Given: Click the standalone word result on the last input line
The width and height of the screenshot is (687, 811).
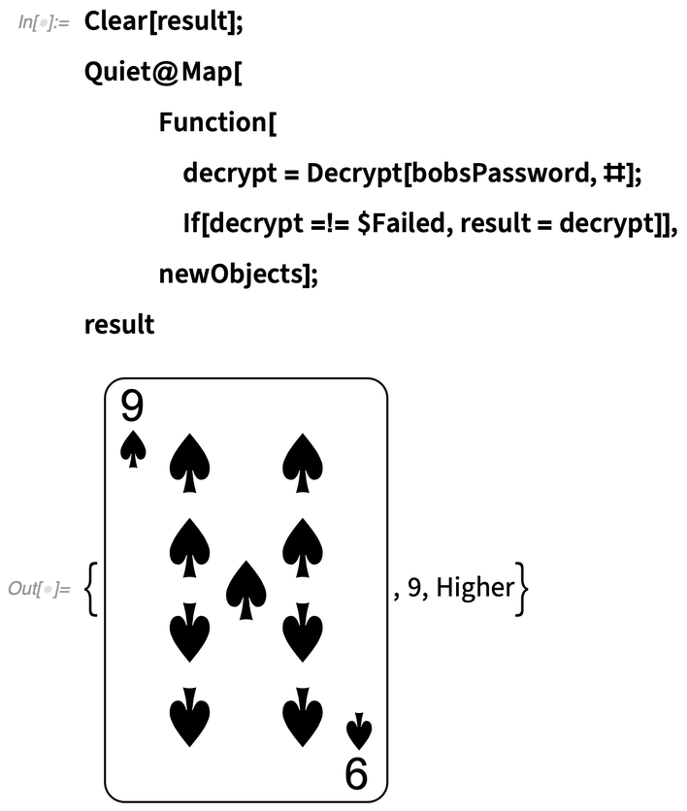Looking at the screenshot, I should pyautogui.click(x=119, y=325).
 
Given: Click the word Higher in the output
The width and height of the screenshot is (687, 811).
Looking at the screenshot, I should pyautogui.click(x=474, y=588).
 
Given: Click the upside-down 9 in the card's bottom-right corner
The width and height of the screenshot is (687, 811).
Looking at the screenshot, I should pyautogui.click(x=356, y=772).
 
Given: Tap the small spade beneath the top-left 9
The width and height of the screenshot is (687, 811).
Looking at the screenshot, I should pyautogui.click(x=133, y=449).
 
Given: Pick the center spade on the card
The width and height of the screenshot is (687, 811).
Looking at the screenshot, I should pyautogui.click(x=245, y=591).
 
